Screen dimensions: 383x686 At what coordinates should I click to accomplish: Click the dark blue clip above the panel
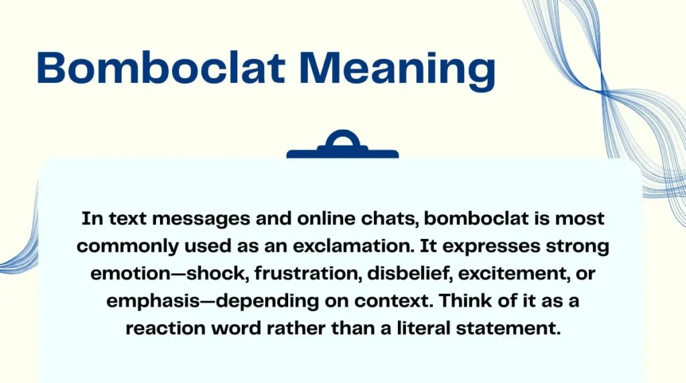tap(342, 147)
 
